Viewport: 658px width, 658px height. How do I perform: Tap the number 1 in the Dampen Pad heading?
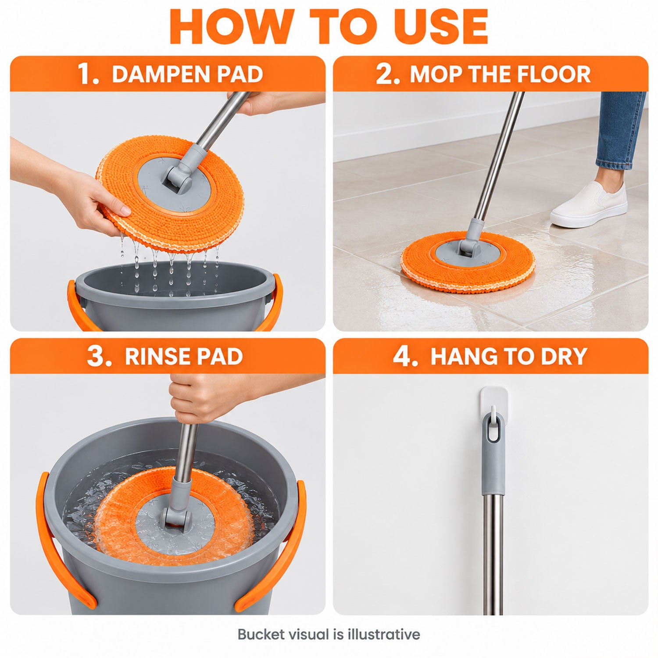pos(87,74)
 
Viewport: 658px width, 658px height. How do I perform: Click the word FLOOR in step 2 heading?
pos(553,74)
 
